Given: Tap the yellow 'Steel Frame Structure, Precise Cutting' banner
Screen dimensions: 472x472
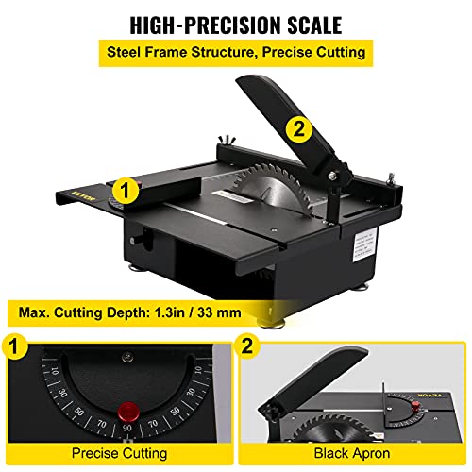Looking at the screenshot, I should tap(236, 53).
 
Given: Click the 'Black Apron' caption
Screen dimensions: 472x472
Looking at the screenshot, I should tap(354, 454).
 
